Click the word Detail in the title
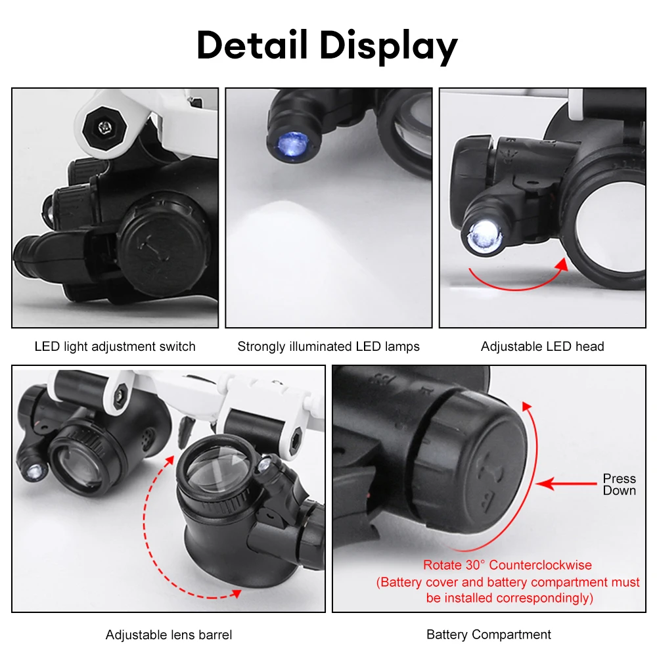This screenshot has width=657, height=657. tap(252, 46)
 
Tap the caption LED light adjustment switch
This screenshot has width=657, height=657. tap(115, 346)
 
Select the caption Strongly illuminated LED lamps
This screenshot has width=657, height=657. tap(328, 346)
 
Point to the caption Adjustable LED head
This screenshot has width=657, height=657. tap(542, 346)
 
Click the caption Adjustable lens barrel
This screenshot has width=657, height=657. tap(169, 635)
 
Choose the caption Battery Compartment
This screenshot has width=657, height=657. tap(489, 635)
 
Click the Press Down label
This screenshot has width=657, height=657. tap(619, 484)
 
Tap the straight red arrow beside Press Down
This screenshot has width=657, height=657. tap(566, 485)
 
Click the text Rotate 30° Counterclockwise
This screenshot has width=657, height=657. tap(507, 565)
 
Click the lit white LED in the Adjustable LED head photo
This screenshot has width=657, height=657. tap(484, 235)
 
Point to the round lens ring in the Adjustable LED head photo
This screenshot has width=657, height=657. tap(608, 227)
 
